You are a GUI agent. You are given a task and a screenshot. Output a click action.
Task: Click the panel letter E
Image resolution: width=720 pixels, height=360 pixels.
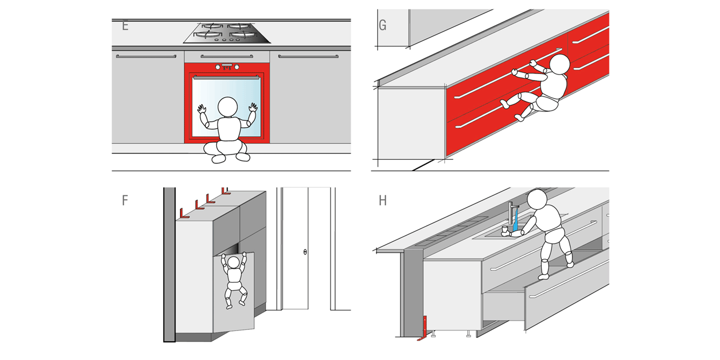pos(125,25)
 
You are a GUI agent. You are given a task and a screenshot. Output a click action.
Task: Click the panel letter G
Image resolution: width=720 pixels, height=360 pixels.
pos(383,25)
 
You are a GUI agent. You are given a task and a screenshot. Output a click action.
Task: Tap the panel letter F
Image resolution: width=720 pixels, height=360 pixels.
pos(125,200)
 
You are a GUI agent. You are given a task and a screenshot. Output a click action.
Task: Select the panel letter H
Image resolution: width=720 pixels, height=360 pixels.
pos(383,200)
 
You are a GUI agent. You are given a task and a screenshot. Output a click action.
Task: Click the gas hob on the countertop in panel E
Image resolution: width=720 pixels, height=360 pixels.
pos(227,33)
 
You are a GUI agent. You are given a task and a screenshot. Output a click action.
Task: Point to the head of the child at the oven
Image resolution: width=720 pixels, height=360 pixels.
pos(227,107)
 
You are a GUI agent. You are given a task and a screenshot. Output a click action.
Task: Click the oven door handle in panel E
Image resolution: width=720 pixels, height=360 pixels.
pos(226,77)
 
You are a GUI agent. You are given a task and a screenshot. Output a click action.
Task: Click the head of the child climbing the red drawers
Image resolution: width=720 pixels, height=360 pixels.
pos(560,64)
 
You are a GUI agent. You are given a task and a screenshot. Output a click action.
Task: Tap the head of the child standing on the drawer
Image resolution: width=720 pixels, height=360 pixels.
pos(537,199)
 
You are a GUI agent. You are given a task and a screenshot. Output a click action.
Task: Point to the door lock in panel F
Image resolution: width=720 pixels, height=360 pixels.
pos(305,252)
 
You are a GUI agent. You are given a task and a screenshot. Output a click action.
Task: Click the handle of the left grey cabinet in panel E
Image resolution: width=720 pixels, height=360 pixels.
pos(146,56)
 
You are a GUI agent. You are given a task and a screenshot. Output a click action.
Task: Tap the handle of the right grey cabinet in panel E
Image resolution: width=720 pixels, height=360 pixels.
pos(308,56)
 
